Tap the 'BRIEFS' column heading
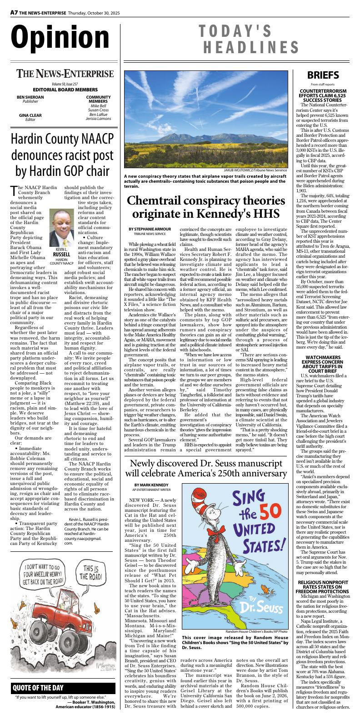pos(322,75)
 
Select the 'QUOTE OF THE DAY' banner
pos(38,688)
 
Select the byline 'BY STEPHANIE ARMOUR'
pos(150,229)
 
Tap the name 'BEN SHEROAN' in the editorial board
pos(30,97)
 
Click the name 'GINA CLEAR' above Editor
pos(30,115)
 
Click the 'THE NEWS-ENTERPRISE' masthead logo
pos(65,74)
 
